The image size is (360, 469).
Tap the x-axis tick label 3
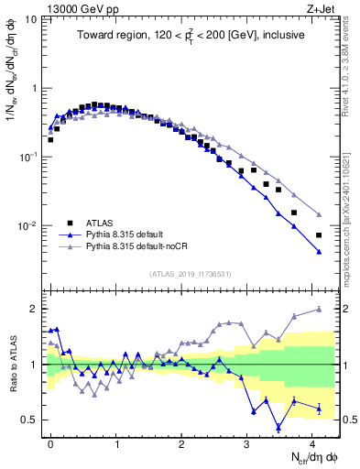click(247, 442)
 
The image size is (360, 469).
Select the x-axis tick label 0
click(50, 442)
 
